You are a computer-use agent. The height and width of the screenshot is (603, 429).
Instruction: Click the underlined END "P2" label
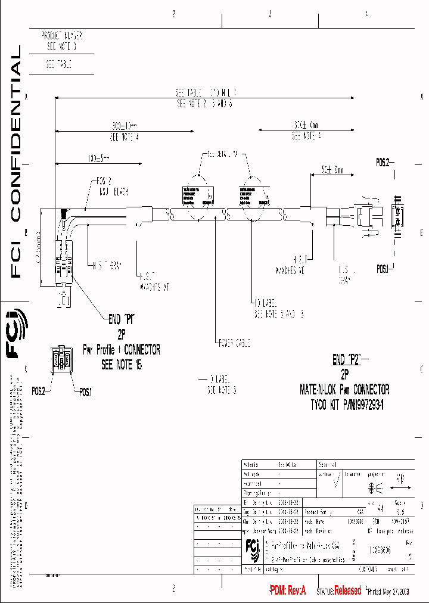point(347,360)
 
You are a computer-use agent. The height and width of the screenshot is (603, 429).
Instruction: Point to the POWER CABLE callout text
point(234,343)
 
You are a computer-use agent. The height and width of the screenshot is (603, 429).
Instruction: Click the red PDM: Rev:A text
point(288,590)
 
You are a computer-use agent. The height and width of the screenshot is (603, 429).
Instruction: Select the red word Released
point(347,590)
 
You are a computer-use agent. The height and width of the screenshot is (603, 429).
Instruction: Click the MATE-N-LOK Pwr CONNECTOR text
point(344,390)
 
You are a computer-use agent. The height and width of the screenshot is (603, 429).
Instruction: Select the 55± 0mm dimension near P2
point(333,170)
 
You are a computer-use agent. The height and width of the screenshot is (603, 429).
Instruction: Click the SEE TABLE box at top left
point(59,64)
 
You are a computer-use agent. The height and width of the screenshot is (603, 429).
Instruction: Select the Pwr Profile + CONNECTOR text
point(122,350)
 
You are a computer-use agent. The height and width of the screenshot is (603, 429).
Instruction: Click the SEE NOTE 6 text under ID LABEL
point(222,391)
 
